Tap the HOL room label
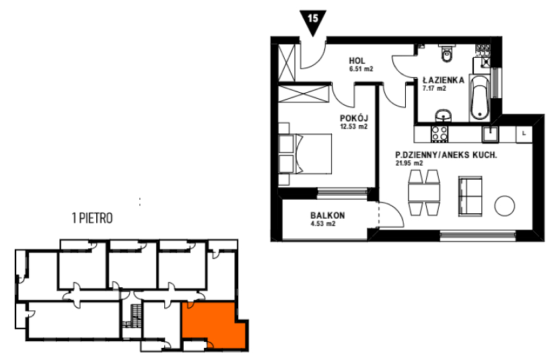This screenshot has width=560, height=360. coord(357,61)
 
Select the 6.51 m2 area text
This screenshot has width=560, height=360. coord(361,69)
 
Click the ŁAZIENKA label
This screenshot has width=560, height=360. coord(444,80)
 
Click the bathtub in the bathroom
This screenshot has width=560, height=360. coord(479,98)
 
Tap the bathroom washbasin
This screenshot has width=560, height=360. coord(443,116)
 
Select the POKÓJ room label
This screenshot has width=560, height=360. coord(354,118)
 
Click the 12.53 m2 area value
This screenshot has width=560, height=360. coord(353,127)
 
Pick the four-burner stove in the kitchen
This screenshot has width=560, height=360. coord(440,133)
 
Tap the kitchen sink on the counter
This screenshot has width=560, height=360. coord(491,135)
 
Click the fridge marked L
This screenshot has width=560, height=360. coord(524,134)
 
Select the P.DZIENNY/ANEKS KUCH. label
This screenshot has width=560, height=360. coord(446,155)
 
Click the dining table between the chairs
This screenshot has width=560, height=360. coord(424,192)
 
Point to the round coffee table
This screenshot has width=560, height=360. coord(504,205)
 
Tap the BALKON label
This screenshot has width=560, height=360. coord(328,215)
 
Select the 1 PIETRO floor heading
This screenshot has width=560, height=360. coord(92,218)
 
